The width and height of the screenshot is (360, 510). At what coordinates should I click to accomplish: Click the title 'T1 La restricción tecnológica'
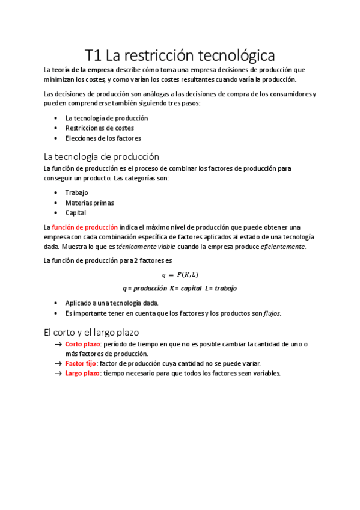click(x=180, y=55)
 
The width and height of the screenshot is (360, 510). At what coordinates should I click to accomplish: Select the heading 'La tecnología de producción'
click(x=102, y=156)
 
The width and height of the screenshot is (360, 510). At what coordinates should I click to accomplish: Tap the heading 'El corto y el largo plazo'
click(x=91, y=331)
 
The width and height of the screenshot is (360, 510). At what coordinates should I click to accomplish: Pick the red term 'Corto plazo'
click(x=82, y=344)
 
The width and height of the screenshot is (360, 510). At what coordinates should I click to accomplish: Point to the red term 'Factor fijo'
click(x=81, y=363)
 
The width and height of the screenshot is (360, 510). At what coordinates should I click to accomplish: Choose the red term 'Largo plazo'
click(x=82, y=373)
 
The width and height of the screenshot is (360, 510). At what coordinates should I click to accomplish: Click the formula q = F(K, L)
click(x=180, y=275)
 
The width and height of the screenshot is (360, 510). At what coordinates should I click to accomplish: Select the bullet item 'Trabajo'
click(x=76, y=192)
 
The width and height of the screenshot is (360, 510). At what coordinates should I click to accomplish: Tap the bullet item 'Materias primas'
click(x=89, y=203)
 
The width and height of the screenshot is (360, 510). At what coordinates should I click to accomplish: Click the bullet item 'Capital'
click(x=76, y=212)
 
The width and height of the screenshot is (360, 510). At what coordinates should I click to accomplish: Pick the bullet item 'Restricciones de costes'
click(x=99, y=128)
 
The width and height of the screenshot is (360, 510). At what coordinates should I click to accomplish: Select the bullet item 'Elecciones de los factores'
click(x=103, y=138)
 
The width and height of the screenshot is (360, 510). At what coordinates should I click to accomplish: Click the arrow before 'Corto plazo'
click(x=58, y=344)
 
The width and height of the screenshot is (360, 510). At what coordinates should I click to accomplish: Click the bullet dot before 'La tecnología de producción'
click(x=56, y=118)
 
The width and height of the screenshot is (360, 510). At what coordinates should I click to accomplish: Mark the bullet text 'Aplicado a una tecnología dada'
click(x=107, y=303)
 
